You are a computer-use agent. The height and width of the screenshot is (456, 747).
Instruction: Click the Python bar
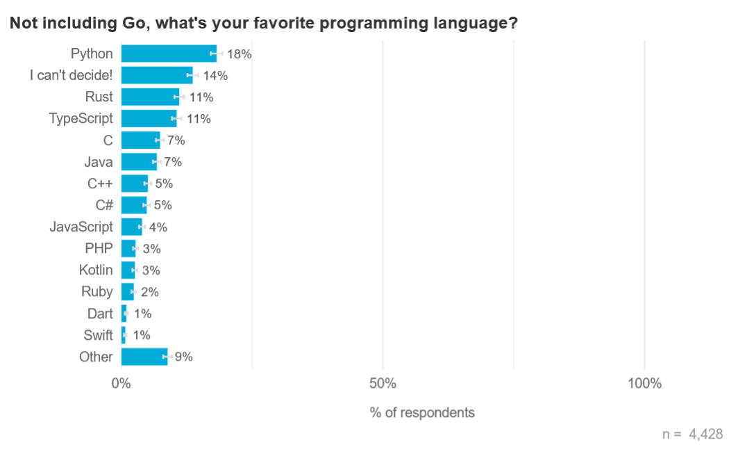pos(169,54)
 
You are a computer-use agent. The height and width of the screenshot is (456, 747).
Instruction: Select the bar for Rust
pos(150,97)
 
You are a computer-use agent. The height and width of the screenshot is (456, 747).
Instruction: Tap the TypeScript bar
pos(149,118)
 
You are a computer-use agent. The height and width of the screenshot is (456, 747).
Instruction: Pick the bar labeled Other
pos(144,357)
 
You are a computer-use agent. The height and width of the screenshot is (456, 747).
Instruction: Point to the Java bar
pos(139,162)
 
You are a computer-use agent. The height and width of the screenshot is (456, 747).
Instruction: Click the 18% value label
pos(239,54)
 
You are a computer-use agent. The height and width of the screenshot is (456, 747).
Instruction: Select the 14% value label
pos(215,76)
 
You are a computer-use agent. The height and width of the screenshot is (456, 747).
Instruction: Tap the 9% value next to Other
pos(183,357)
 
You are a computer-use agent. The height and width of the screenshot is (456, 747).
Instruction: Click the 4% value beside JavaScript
pos(158,227)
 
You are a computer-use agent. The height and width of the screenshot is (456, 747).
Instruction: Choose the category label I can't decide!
pos(71,75)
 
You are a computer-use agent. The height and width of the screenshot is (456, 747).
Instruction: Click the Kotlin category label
pos(96,270)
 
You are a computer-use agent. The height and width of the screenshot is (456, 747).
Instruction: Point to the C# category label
pos(104,205)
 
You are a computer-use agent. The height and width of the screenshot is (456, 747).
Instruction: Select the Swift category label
pos(98,335)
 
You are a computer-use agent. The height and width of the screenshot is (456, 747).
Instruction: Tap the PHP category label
pos(99,249)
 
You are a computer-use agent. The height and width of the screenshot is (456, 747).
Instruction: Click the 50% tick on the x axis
pos(383,384)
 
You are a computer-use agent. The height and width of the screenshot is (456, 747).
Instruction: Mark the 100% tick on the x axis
pos(644,384)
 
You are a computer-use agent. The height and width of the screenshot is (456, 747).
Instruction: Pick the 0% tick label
pos(121,384)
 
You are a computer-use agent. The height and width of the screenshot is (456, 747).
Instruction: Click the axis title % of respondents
pos(422,413)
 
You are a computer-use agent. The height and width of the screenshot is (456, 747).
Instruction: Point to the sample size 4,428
pos(705,434)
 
